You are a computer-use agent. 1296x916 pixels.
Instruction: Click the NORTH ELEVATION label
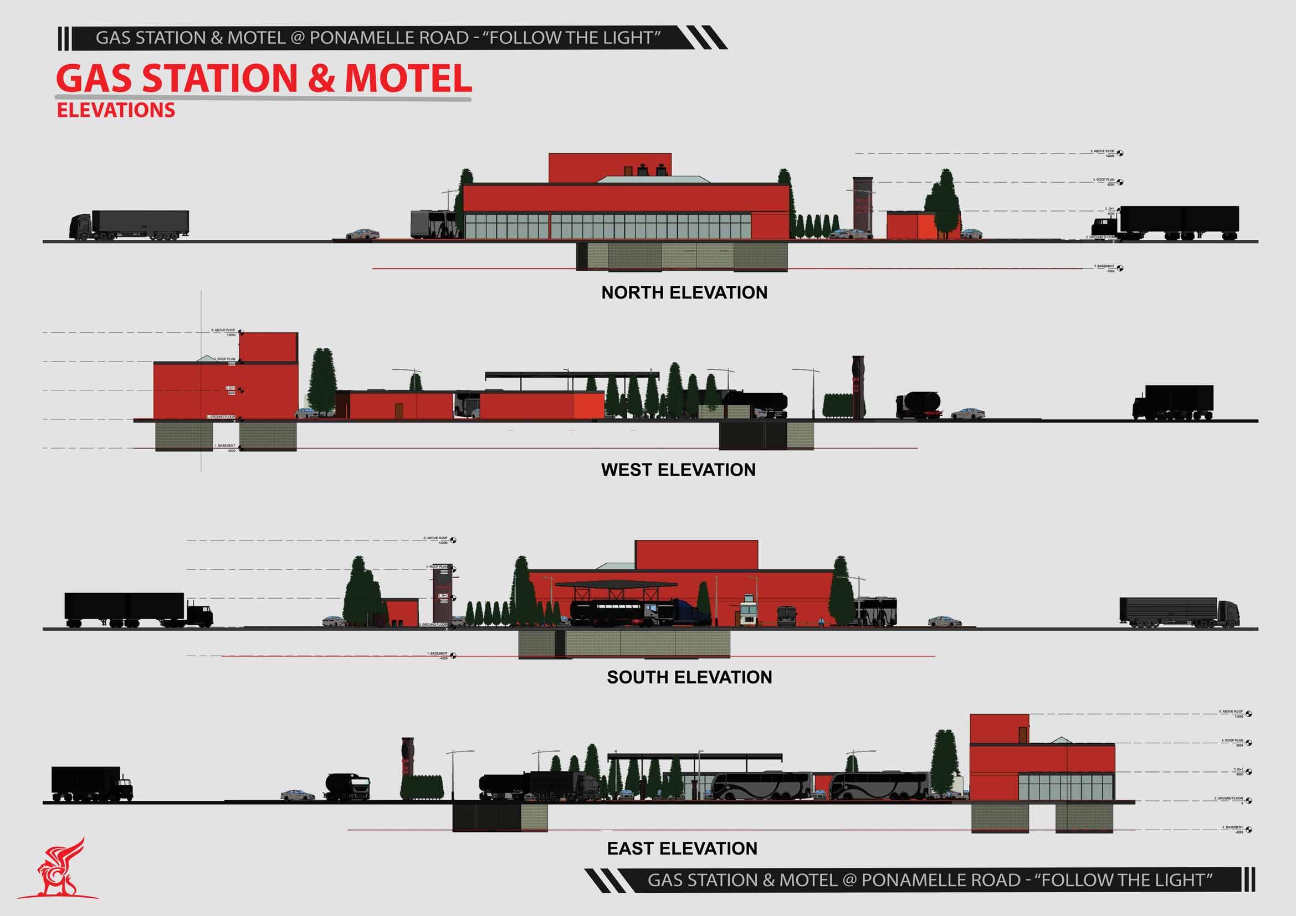684,293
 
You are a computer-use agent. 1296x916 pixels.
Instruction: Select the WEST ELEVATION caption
678,470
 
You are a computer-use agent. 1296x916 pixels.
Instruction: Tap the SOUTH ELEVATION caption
689,677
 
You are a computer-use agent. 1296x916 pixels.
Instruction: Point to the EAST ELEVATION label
682,848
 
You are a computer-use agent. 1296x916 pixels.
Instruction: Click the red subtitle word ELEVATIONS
116,110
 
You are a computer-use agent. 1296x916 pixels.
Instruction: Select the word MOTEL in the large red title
408,79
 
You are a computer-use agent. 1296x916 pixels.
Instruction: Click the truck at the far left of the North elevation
129,225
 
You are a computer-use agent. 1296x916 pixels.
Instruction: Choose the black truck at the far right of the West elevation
1173,402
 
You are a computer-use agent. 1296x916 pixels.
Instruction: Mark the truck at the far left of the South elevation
139,610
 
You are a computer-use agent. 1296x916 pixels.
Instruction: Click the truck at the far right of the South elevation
1179,613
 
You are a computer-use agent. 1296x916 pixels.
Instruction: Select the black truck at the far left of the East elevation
92,784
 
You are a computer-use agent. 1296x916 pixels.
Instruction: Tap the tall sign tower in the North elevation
863,207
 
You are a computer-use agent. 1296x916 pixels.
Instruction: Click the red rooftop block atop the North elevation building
609,167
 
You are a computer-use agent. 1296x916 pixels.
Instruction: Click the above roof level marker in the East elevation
1248,714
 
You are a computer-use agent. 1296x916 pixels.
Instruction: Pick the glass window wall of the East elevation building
1066,787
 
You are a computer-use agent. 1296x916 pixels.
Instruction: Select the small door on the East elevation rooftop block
1023,734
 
